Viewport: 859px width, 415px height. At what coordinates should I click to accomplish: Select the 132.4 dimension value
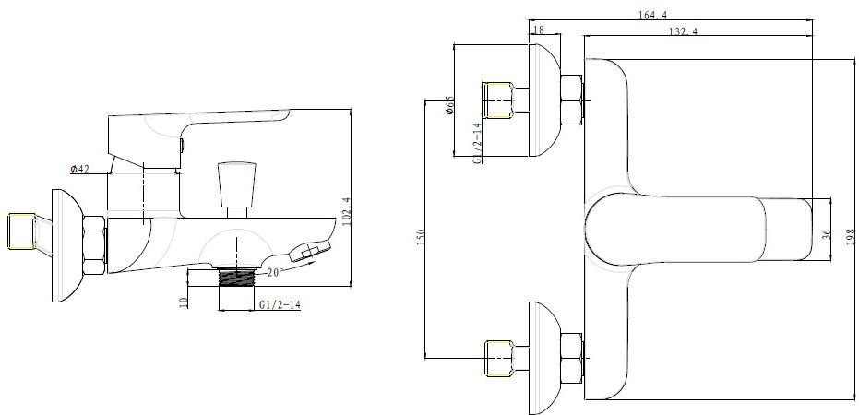tap(683, 30)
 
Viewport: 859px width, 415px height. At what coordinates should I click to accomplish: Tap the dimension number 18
tap(539, 30)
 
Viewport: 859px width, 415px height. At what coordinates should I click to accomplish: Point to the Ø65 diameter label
tap(449, 104)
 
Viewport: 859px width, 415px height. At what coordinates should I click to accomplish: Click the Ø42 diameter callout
tap(79, 169)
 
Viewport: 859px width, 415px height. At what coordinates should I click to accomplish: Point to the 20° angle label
tap(276, 272)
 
